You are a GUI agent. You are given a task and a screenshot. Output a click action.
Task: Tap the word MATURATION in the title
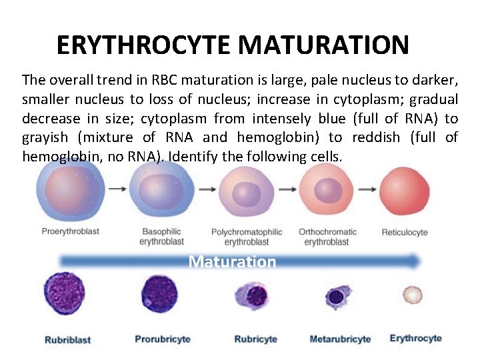pyautogui.click(x=323, y=45)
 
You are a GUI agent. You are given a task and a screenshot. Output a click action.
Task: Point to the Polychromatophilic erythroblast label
pyautogui.click(x=247, y=237)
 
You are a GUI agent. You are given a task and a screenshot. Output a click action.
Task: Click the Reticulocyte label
pyautogui.click(x=404, y=232)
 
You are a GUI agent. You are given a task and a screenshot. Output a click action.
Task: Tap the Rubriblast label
pyautogui.click(x=67, y=340)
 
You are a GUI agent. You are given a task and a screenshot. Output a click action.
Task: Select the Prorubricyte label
pyautogui.click(x=163, y=339)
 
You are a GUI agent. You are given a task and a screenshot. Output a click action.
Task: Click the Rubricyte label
pyautogui.click(x=255, y=339)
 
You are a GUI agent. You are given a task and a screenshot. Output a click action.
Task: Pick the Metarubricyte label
pyautogui.click(x=340, y=339)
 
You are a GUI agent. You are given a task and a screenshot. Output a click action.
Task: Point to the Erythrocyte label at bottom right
pyautogui.click(x=415, y=338)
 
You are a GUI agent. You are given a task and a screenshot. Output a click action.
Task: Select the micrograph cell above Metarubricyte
pyautogui.click(x=339, y=296)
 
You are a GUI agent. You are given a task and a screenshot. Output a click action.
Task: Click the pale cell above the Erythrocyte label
pyautogui.click(x=414, y=294)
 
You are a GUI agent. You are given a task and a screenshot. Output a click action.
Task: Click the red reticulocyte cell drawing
pyautogui.click(x=404, y=189)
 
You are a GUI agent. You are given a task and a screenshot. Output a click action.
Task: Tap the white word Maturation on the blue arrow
pyautogui.click(x=232, y=261)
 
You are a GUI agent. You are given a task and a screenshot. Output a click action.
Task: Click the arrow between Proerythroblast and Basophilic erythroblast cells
pyautogui.click(x=117, y=189)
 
